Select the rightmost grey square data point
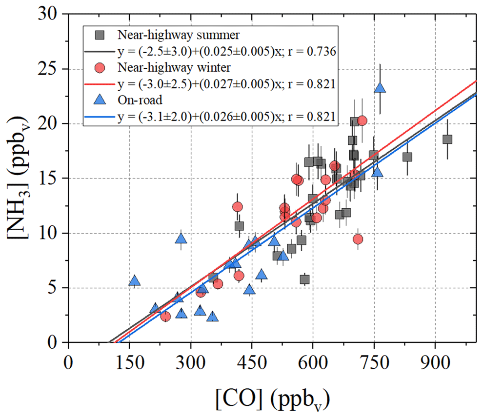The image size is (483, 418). (447, 139)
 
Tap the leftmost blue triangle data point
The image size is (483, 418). (135, 281)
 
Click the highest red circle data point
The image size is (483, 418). (362, 120)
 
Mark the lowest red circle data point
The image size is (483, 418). (165, 317)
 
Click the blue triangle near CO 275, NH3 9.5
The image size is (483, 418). (181, 239)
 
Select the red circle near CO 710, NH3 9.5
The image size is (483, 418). (358, 239)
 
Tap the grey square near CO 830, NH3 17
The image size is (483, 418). (407, 157)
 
